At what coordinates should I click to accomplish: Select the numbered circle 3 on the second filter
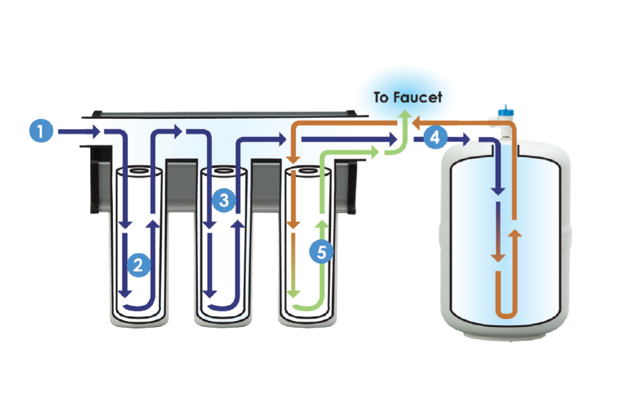[224, 200]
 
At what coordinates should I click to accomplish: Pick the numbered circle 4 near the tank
[434, 138]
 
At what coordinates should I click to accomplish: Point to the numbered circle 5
[322, 251]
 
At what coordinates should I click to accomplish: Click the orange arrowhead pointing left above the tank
[417, 124]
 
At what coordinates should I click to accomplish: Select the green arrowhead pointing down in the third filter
[292, 293]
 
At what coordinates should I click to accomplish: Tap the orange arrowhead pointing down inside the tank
[498, 257]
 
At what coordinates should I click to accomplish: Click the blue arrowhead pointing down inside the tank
[498, 190]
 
